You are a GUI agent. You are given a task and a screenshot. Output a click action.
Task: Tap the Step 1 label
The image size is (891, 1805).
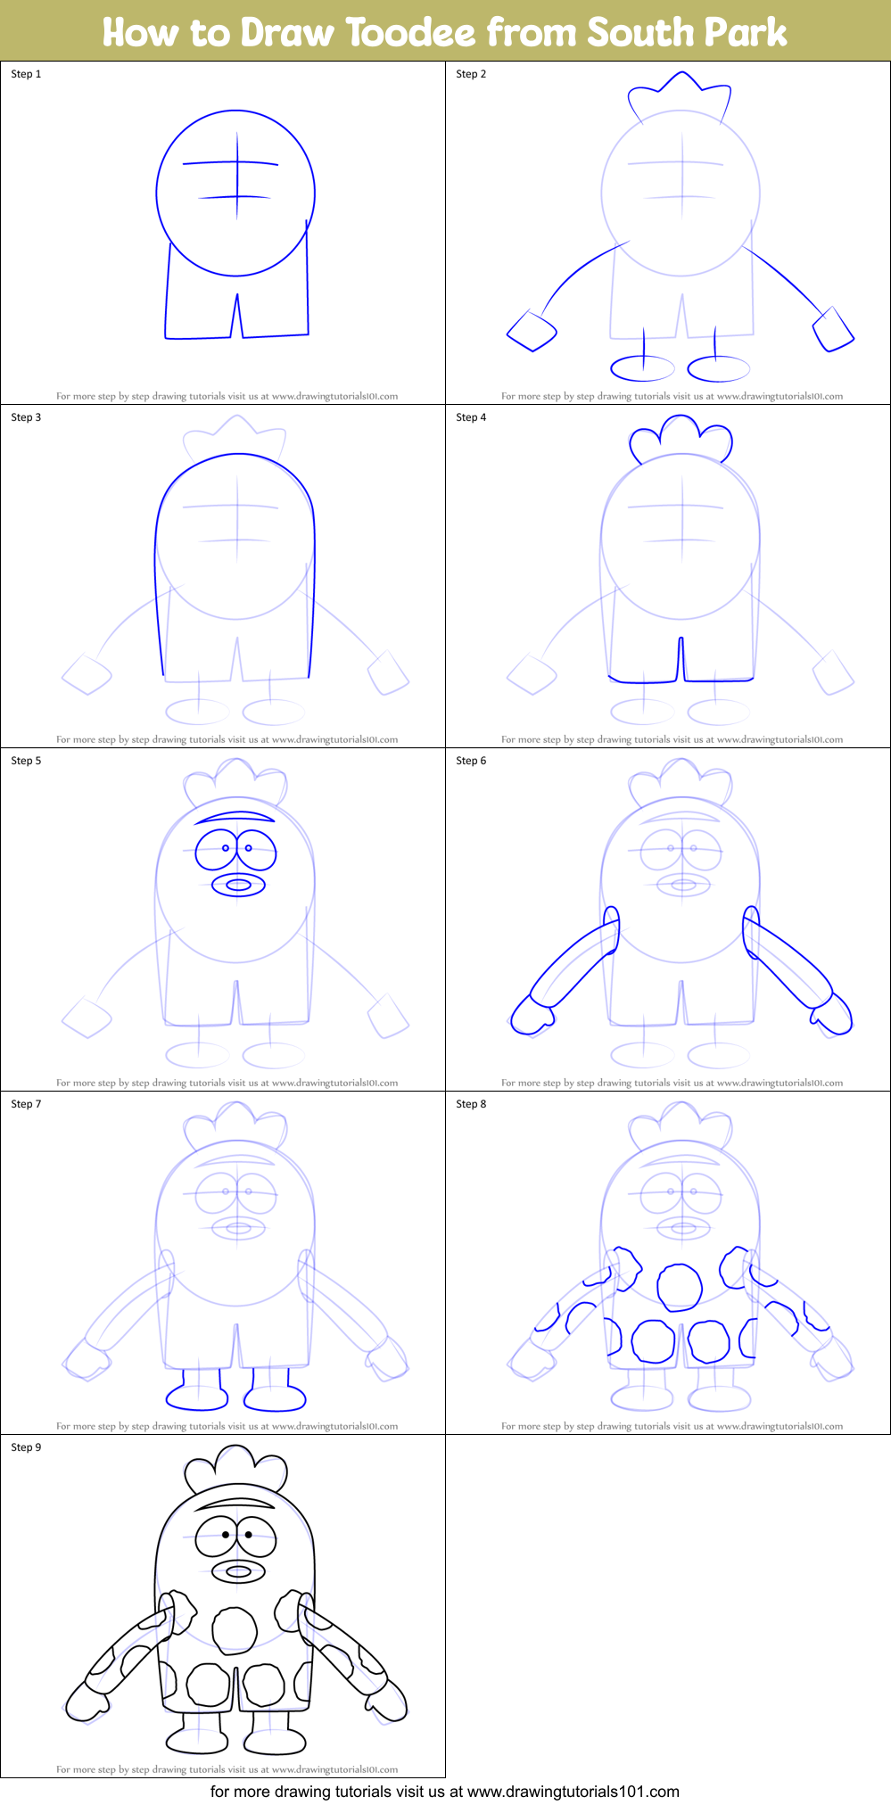26,74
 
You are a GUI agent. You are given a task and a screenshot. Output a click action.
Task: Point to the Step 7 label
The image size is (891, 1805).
26,1104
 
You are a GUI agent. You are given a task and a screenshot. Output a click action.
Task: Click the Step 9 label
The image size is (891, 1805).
26,1447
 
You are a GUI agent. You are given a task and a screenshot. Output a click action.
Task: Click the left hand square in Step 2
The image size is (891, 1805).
532,332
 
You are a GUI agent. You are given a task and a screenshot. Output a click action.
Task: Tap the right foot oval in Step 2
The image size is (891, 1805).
718,367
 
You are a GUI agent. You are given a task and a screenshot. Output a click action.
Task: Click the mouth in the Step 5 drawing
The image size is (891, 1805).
238,885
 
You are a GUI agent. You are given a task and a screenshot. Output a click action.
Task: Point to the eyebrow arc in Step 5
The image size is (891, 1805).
235,816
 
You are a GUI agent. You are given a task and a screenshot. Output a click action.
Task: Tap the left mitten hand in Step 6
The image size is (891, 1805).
532,1015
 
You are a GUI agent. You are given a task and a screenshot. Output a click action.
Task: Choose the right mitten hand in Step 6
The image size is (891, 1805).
832,1015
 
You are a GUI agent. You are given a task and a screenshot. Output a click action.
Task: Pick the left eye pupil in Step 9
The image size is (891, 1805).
226,1535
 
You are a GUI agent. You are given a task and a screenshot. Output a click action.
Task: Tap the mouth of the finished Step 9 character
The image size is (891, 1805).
238,1571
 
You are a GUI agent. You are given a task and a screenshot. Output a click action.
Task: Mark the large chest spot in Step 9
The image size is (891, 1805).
235,1630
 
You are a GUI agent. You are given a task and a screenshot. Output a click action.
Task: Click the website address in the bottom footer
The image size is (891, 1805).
573,1791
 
